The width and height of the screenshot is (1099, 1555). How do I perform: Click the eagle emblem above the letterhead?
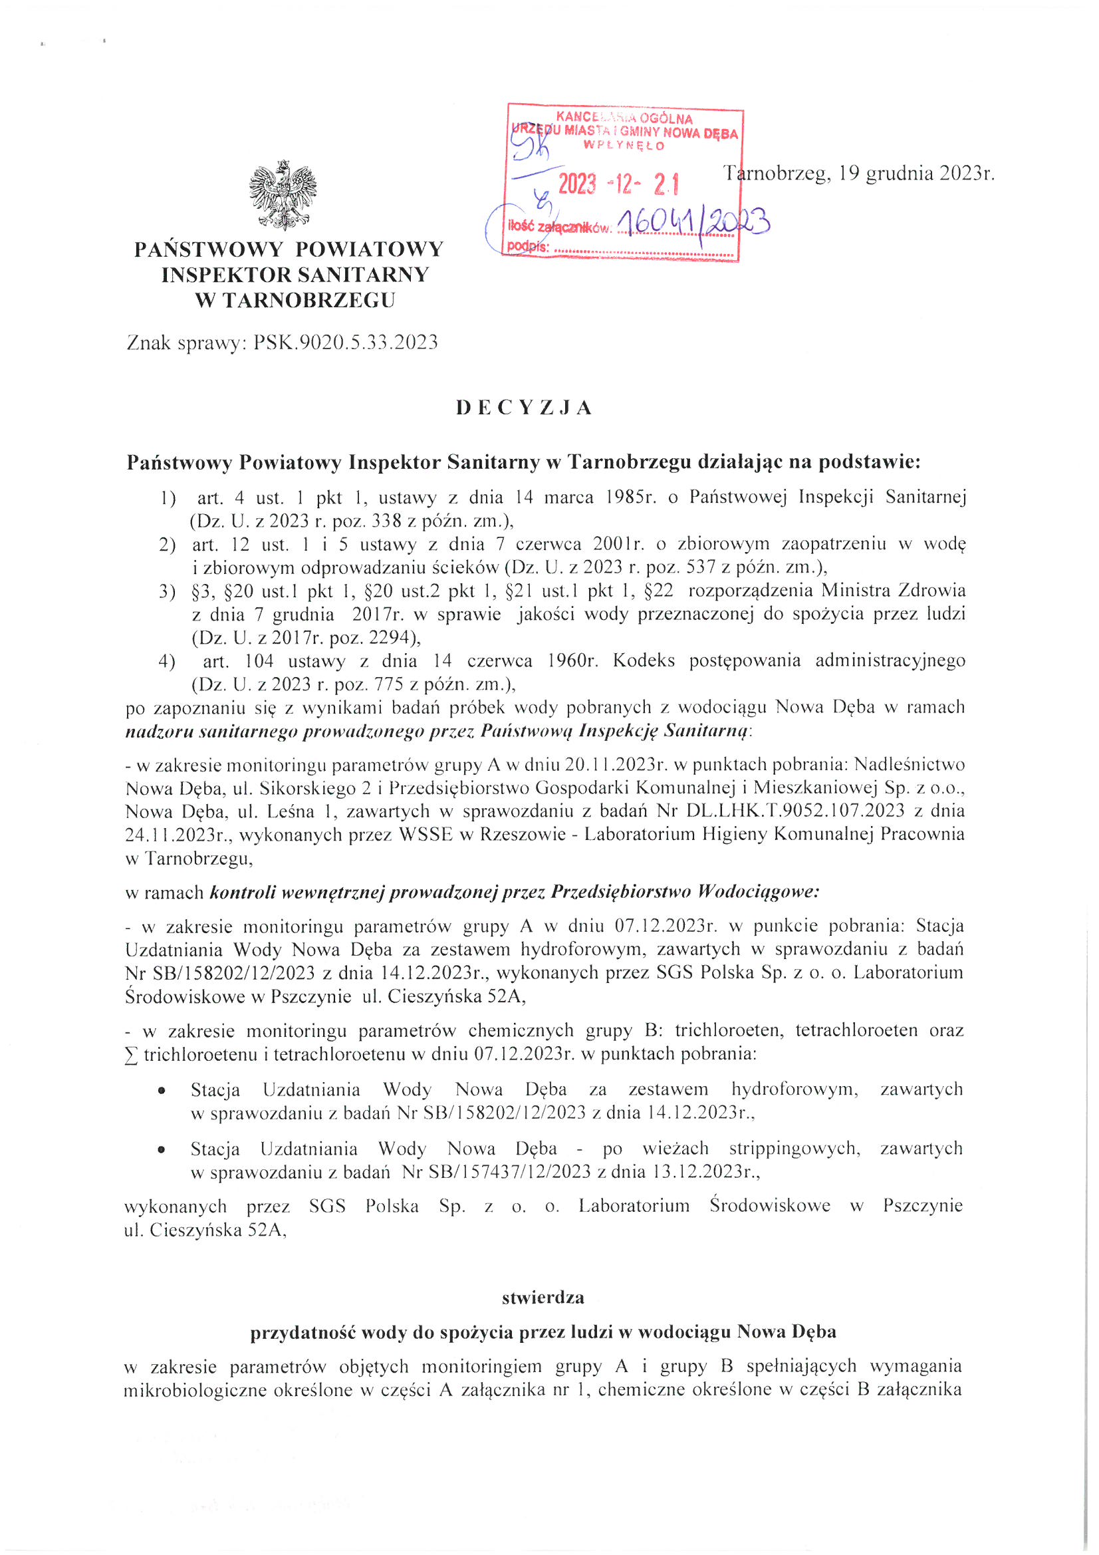pyautogui.click(x=283, y=195)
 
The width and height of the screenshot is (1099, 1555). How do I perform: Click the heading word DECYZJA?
pyautogui.click(x=524, y=408)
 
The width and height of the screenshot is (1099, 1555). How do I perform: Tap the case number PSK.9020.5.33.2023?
pyautogui.click(x=345, y=343)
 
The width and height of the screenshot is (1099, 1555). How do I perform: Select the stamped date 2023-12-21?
pyautogui.click(x=618, y=184)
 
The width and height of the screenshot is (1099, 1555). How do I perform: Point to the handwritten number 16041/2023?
pyautogui.click(x=694, y=221)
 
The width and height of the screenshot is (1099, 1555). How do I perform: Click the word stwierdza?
pyautogui.click(x=543, y=1298)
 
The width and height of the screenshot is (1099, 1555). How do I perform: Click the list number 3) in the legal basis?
pyautogui.click(x=168, y=591)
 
